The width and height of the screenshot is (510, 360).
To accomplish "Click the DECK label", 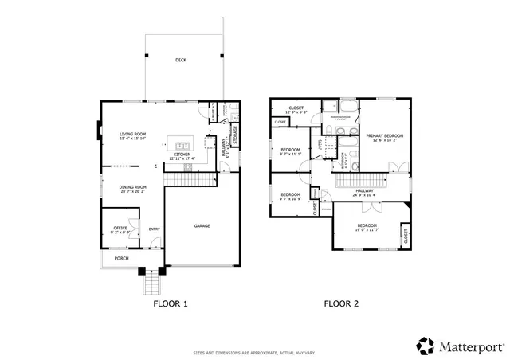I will click(x=181, y=59).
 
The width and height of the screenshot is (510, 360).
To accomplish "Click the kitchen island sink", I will click(x=183, y=145).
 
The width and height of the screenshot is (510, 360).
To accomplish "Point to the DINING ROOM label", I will click(x=132, y=189).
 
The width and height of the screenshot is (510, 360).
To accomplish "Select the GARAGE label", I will click(x=202, y=226).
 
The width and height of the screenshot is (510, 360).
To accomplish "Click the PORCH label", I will click(x=122, y=259).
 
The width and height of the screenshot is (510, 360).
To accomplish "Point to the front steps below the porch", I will click(x=151, y=282).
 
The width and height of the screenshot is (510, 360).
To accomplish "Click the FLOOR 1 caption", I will click(x=170, y=303).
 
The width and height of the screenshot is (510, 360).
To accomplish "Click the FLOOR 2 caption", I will click(x=340, y=303).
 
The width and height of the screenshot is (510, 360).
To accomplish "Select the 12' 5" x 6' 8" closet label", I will click(x=296, y=109).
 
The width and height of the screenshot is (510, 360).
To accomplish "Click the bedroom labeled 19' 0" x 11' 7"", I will click(x=367, y=227).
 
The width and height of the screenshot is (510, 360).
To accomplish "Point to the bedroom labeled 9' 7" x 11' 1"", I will click(x=290, y=151).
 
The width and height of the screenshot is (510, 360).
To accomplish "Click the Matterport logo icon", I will click(x=424, y=345).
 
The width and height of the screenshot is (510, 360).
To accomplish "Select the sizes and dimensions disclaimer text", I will click(x=254, y=353).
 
